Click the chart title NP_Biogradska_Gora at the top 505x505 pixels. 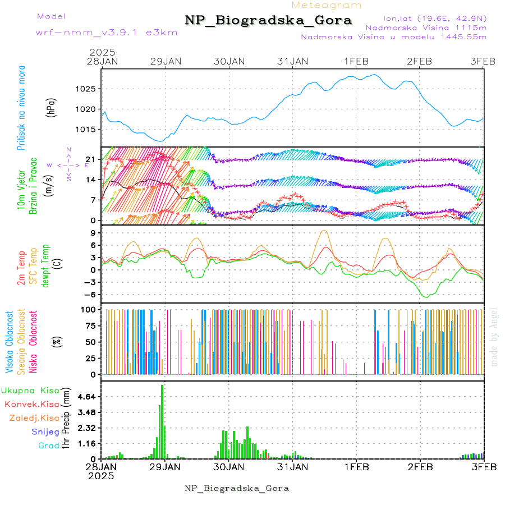pyautogui.click(x=268, y=21)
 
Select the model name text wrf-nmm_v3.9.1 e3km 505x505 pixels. pyautogui.click(x=107, y=33)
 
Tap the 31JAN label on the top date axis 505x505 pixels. pyautogui.click(x=293, y=61)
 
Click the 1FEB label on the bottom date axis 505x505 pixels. pyautogui.click(x=356, y=466)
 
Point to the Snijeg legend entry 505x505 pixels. pyautogui.click(x=45, y=431)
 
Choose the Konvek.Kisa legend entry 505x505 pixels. pyautogui.click(x=31, y=404)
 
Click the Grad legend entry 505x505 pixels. pyautogui.click(x=48, y=446)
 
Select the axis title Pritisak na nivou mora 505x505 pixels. pyautogui.click(x=22, y=111)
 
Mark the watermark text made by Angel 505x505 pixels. pyautogui.click(x=494, y=337)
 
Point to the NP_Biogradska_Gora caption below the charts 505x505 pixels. pyautogui.click(x=237, y=488)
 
